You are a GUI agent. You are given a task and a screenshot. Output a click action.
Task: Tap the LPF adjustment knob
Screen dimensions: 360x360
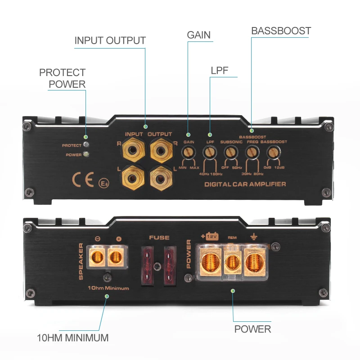click(x=210, y=152)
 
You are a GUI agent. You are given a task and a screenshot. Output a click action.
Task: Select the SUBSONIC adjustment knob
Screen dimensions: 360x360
click(x=230, y=152)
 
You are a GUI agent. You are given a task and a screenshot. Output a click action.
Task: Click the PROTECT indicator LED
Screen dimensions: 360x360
click(x=85, y=145)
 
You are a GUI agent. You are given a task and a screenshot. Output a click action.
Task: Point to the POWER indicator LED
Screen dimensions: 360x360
click(x=85, y=154)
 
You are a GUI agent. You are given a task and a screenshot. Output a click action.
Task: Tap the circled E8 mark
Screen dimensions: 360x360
click(x=103, y=184)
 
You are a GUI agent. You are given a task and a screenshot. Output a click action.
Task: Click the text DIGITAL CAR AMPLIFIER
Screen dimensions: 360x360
click(x=245, y=184)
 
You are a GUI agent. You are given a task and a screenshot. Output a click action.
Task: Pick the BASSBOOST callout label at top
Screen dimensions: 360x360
click(x=281, y=31)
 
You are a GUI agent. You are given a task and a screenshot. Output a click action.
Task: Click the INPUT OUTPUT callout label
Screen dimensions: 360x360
click(x=110, y=40)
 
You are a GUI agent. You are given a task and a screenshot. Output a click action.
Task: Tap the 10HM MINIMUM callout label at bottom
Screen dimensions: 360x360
click(x=72, y=337)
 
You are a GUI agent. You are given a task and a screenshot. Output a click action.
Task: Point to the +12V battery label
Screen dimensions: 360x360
click(x=211, y=236)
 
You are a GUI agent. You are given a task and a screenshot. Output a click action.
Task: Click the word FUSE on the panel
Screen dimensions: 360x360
click(x=159, y=237)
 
